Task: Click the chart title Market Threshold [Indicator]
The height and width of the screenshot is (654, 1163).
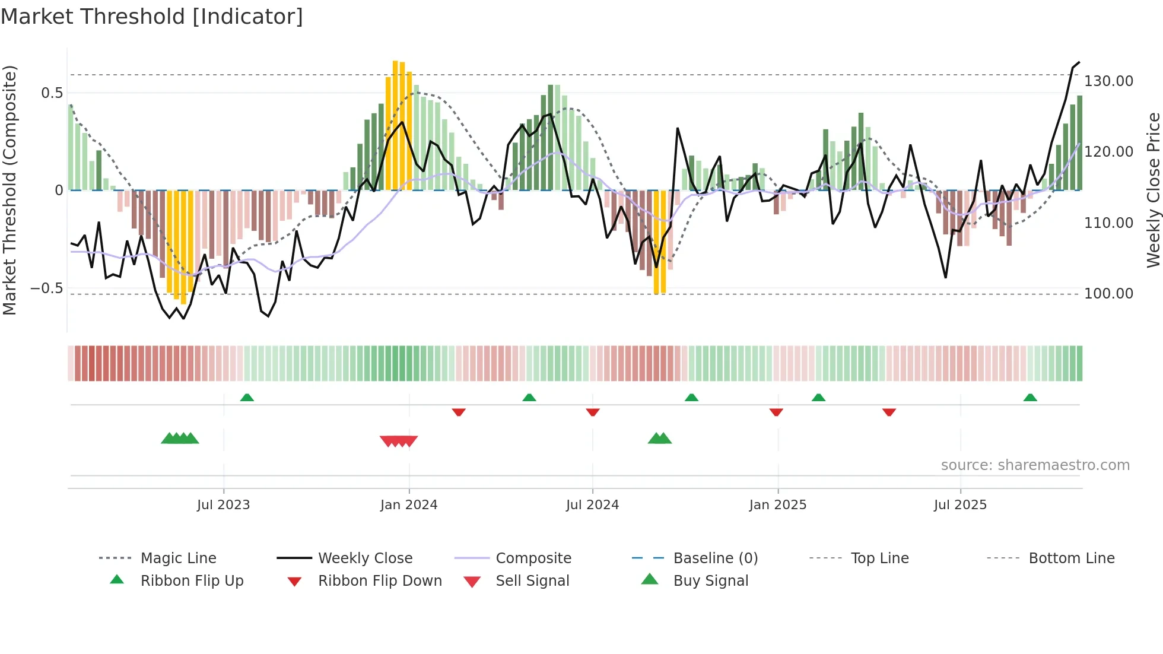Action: pos(152,17)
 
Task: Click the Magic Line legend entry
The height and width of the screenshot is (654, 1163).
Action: pos(178,558)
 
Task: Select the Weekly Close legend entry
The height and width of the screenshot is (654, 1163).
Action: pos(365,558)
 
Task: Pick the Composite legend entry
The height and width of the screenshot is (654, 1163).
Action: pos(533,558)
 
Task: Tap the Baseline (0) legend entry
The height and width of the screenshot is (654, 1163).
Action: pos(715,558)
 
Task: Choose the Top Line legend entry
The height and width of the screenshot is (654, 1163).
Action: pos(879,558)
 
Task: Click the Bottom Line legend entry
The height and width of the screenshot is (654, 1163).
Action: pos(1071,558)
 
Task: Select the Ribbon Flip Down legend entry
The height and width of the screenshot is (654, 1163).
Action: pos(380,581)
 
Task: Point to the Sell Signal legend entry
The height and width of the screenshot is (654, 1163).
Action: pos(532,581)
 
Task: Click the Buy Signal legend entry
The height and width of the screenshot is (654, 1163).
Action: pos(710,581)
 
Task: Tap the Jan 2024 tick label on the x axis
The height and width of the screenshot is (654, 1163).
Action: pos(409,505)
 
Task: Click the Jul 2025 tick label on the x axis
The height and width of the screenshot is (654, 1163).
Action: pos(960,505)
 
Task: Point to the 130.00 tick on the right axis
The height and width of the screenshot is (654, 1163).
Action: pos(1108,81)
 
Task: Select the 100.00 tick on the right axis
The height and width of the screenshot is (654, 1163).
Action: pos(1108,294)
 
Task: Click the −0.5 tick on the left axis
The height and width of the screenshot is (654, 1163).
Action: pos(46,289)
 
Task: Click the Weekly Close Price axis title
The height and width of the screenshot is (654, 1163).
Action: pos(1153,190)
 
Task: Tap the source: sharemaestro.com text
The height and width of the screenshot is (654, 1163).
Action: pos(1035,465)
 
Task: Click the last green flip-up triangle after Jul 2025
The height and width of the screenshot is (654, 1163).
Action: pos(1030,398)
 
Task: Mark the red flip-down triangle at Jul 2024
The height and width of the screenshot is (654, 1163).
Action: pos(593,412)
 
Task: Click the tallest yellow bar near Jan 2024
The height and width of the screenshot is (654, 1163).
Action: pos(395,125)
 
